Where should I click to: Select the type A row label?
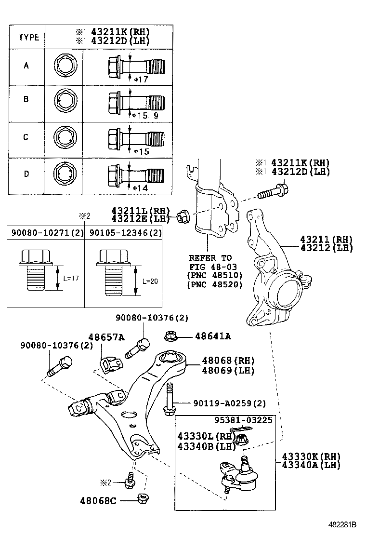(26, 66)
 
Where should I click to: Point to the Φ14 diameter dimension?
(140, 188)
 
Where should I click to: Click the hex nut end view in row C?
(64, 137)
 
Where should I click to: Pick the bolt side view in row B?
(134, 101)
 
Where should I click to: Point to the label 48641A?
(213, 336)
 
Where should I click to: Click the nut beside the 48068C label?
(143, 498)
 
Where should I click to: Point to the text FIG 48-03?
(210, 267)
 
